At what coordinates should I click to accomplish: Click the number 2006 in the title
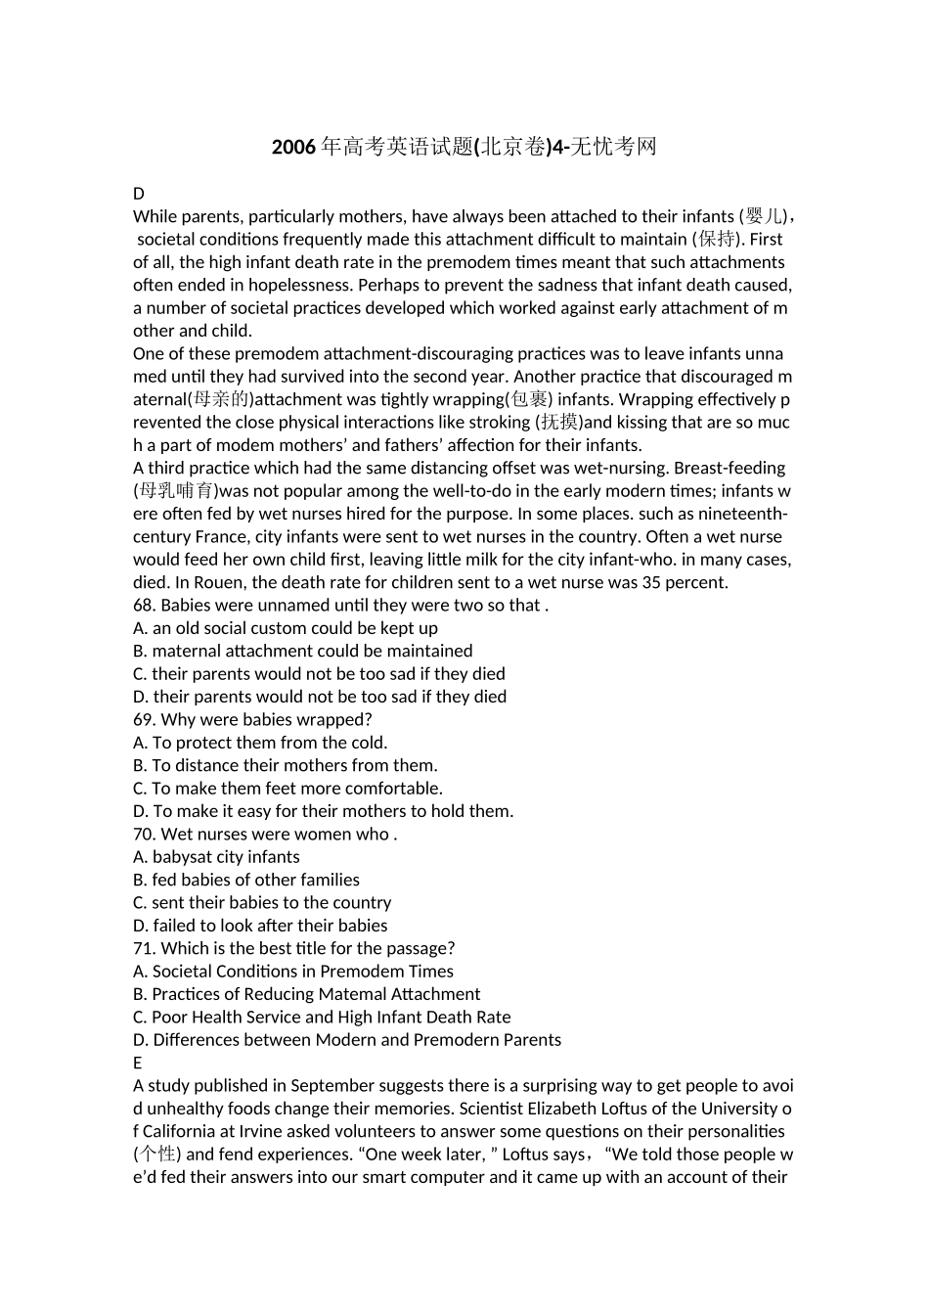(x=293, y=148)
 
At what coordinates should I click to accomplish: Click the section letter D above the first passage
(x=139, y=194)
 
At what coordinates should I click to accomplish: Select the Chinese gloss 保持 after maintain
(x=718, y=239)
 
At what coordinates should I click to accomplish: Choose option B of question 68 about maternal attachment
(x=303, y=651)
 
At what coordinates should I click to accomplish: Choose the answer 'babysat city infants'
(x=226, y=857)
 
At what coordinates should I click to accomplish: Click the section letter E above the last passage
(x=138, y=1063)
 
